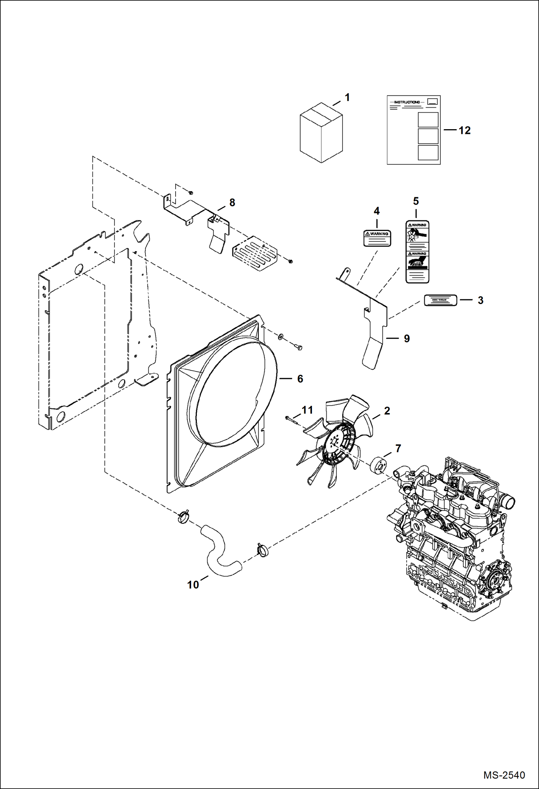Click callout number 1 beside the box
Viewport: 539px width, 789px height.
[347, 98]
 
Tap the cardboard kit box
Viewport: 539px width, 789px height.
[321, 133]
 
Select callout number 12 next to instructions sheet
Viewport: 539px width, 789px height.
[465, 130]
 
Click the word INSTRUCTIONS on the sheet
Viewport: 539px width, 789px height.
[407, 102]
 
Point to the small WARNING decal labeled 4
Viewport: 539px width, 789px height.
[377, 238]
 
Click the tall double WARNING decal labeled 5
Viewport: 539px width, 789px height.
[417, 251]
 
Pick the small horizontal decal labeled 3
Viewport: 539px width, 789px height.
[440, 300]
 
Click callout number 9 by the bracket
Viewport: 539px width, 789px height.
[407, 338]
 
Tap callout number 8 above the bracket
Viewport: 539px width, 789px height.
[232, 203]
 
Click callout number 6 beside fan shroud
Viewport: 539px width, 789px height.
[300, 378]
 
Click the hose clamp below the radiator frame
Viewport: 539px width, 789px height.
[183, 517]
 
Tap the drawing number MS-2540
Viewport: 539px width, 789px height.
[504, 775]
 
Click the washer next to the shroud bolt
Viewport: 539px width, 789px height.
[281, 337]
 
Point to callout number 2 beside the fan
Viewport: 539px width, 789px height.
[387, 411]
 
